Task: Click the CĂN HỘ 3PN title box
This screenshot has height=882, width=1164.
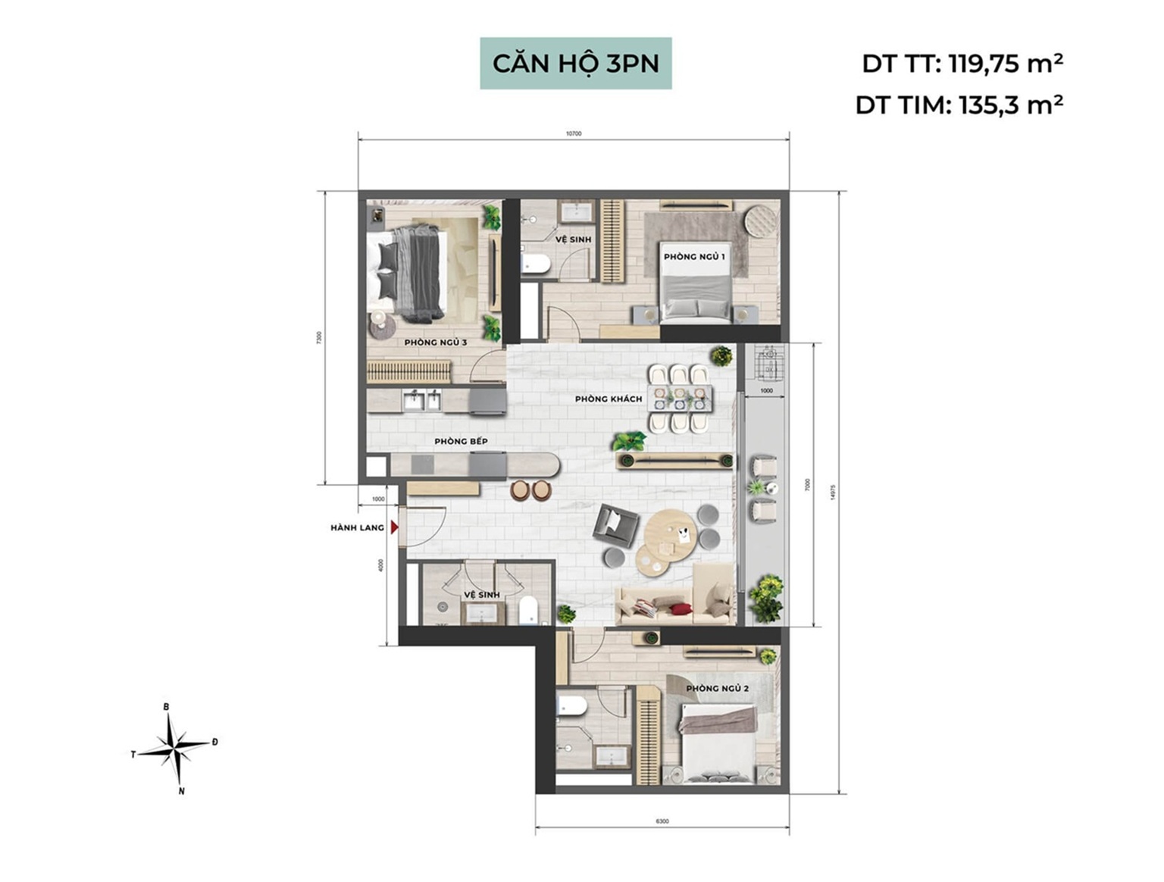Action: [x=575, y=64]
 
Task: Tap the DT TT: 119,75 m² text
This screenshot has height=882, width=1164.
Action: [x=962, y=64]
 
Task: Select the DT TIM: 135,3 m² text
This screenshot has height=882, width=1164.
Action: [x=959, y=105]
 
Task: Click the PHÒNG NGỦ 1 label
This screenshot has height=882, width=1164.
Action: [x=694, y=257]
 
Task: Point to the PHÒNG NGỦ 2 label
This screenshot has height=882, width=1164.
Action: [x=717, y=689]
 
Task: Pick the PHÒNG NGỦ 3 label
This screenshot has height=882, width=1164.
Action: [x=435, y=342]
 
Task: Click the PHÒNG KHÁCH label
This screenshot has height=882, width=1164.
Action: [x=608, y=399]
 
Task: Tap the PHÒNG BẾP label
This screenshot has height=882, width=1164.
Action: [x=461, y=441]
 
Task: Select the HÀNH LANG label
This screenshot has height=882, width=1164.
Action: [x=357, y=527]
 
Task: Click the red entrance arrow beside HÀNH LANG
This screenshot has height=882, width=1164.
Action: [x=394, y=527]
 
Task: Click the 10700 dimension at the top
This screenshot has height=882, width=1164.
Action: [x=574, y=133]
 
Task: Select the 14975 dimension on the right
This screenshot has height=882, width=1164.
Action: [x=834, y=493]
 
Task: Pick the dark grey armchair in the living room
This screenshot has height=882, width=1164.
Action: [x=615, y=524]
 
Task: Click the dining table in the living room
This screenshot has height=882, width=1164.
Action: [x=680, y=399]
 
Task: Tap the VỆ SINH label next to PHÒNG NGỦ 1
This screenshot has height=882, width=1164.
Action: [x=573, y=239]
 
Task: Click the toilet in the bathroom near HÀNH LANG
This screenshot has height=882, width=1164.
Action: [x=528, y=610]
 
